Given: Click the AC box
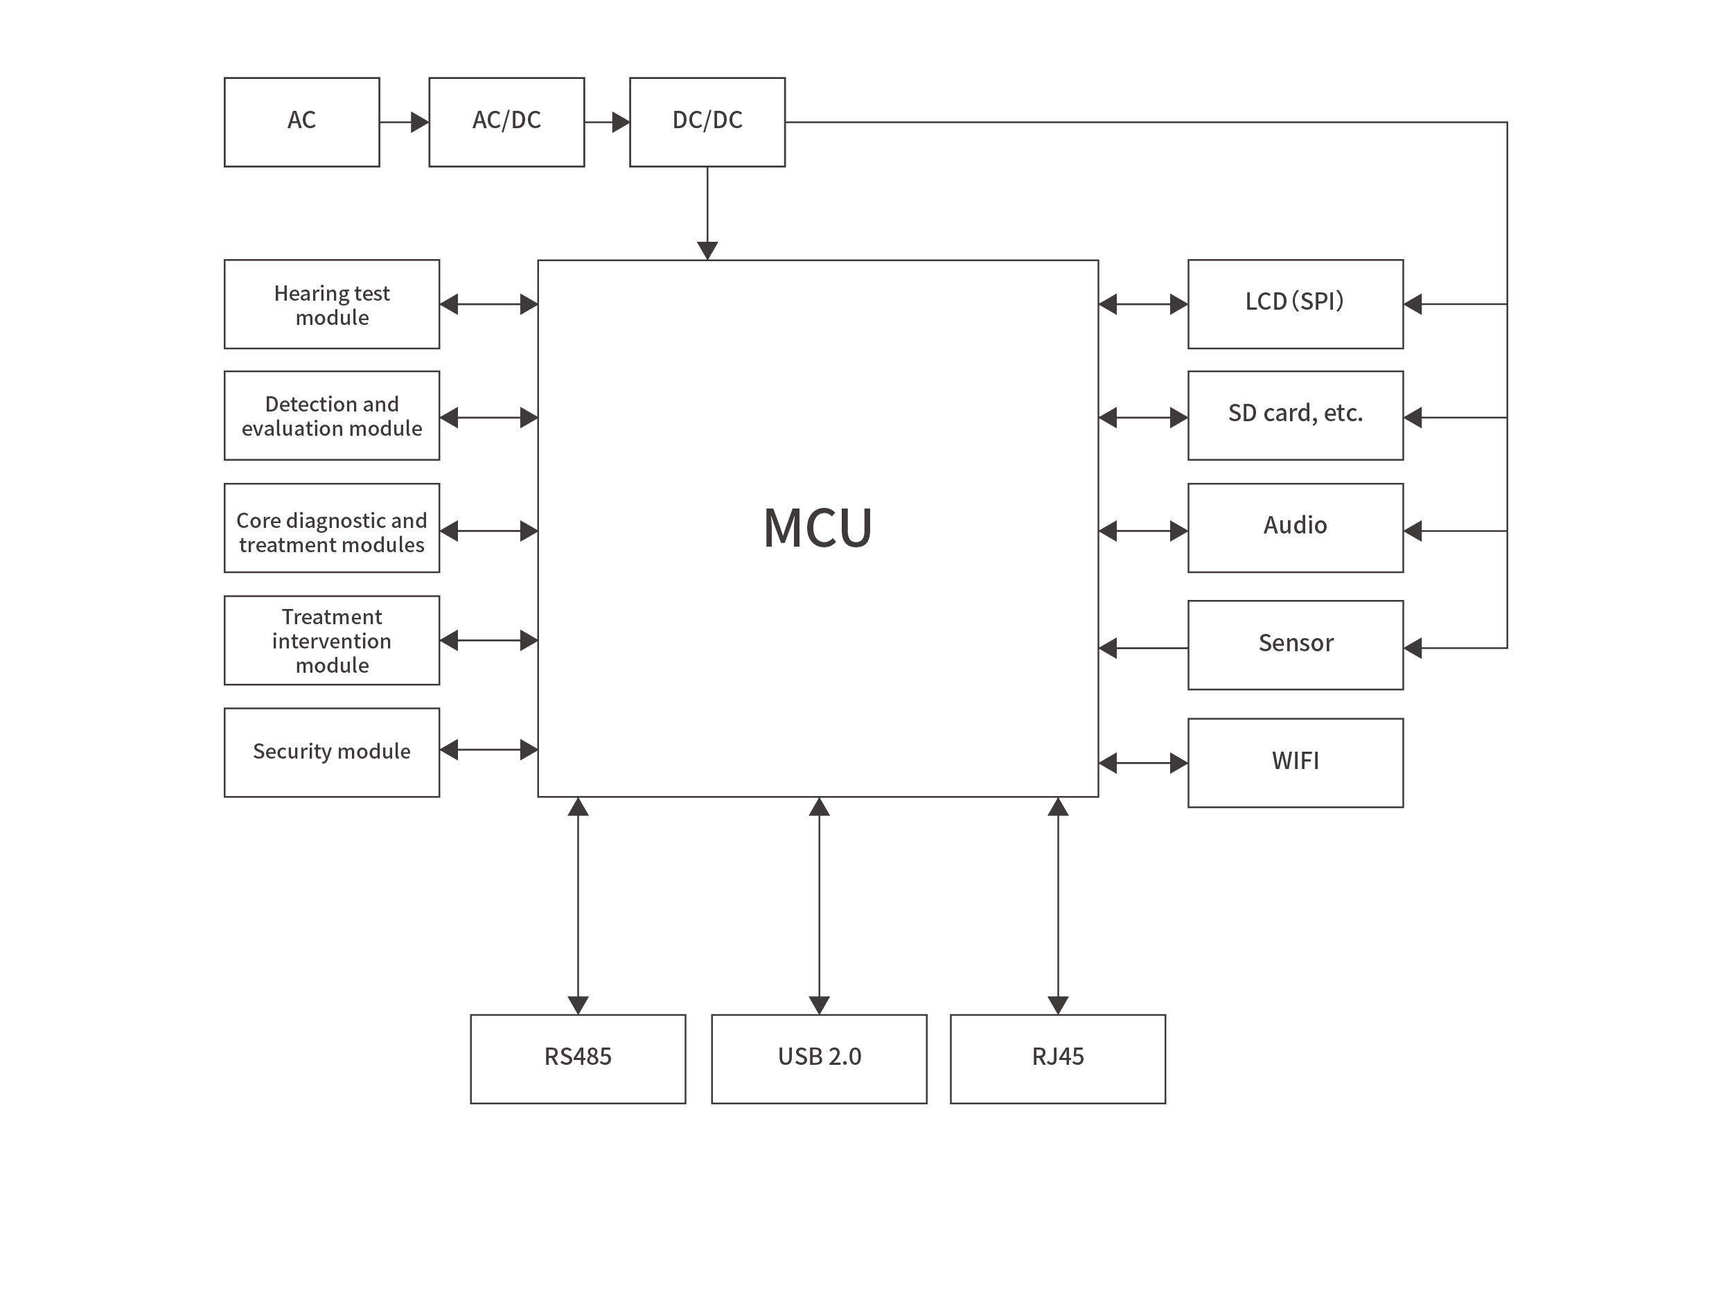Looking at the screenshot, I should click(x=301, y=122).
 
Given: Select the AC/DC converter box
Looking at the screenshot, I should click(x=506, y=122).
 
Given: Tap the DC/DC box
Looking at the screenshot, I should click(x=707, y=122).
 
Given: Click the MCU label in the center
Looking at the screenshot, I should click(x=818, y=529).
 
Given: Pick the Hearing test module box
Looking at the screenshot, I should click(x=331, y=305).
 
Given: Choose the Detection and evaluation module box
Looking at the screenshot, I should click(x=331, y=416).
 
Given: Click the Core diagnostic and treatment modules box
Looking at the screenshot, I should click(x=331, y=529).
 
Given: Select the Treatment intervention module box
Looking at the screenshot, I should click(x=331, y=640).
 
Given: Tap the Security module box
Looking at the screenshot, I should click(x=331, y=752).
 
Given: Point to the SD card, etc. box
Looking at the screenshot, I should click(x=1295, y=416).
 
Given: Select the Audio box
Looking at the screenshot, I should click(x=1295, y=529).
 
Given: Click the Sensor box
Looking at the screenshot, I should click(x=1295, y=645).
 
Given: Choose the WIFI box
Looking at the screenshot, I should click(x=1295, y=762).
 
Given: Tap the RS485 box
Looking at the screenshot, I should click(x=578, y=1059).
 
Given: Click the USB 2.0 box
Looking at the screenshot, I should click(x=818, y=1059).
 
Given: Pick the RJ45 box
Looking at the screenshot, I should click(x=1057, y=1059).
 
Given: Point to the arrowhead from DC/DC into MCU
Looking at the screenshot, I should click(x=707, y=250).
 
